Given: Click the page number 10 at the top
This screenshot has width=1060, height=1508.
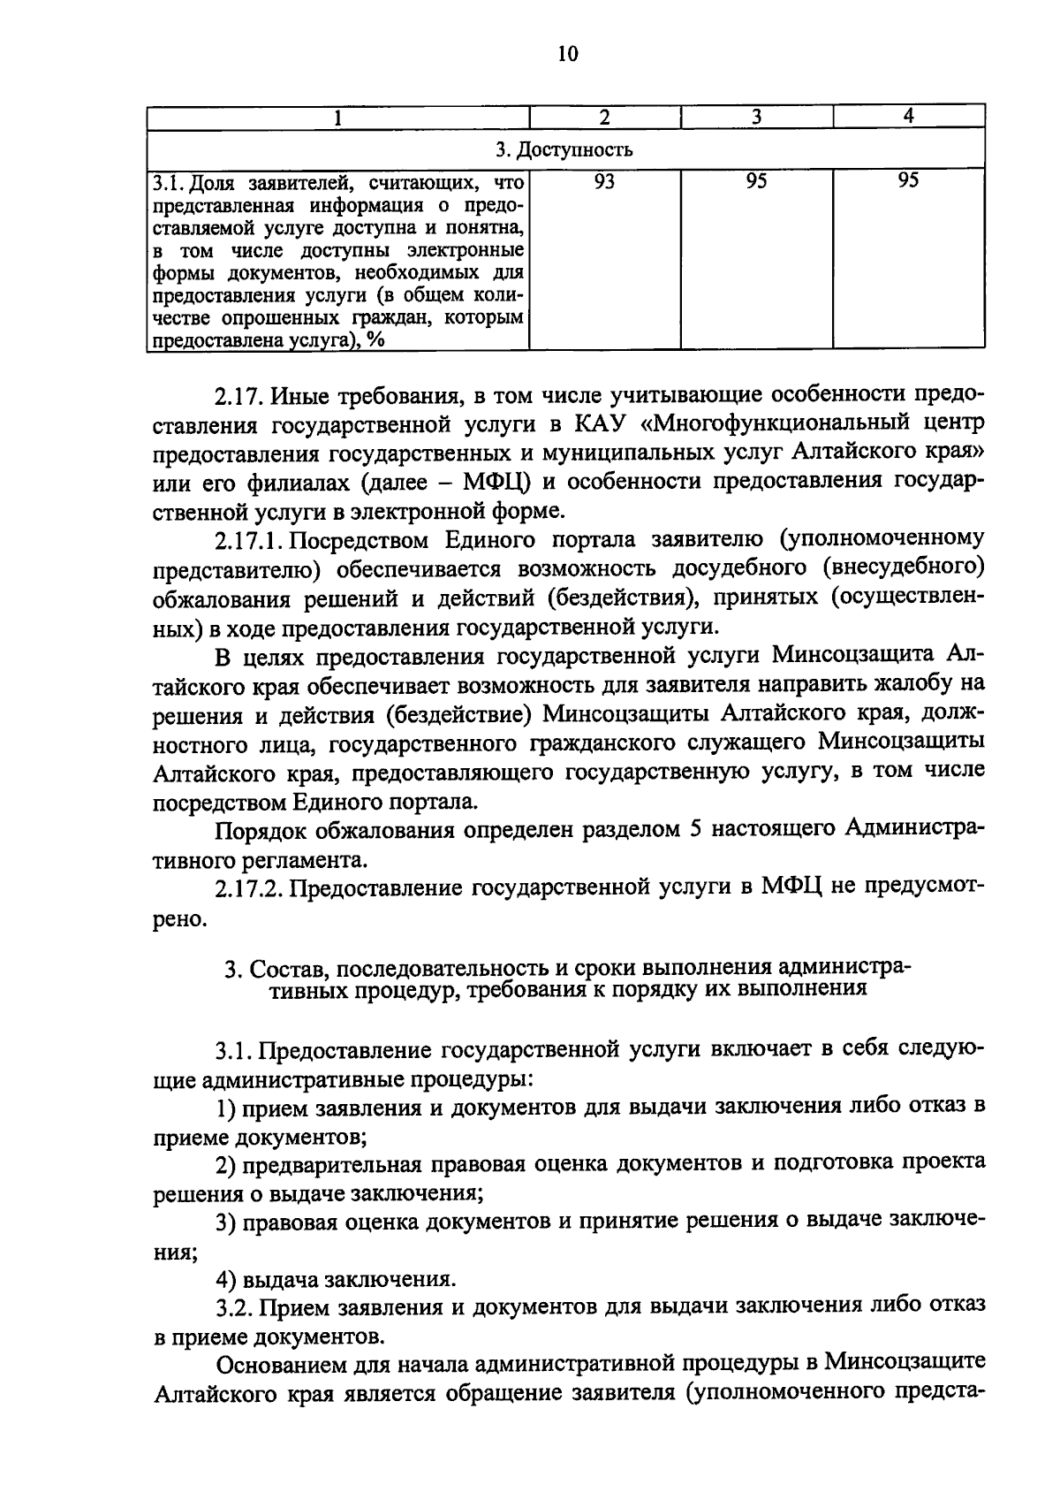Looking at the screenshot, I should pyautogui.click(x=567, y=55).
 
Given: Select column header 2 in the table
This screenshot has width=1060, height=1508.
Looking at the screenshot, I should pyautogui.click(x=605, y=117).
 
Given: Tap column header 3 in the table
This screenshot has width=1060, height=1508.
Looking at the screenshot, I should pyautogui.click(x=757, y=117).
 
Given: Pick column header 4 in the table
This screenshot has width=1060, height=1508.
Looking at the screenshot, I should pyautogui.click(x=909, y=117).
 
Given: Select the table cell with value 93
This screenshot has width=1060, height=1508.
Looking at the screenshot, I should pyautogui.click(x=605, y=181).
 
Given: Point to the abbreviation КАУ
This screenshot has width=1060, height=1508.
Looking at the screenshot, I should pyautogui.click(x=602, y=424).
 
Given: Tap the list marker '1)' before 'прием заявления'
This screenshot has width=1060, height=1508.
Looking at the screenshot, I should pyautogui.click(x=226, y=1107).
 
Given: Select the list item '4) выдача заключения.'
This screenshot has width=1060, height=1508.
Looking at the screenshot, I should pyautogui.click(x=337, y=1280).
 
